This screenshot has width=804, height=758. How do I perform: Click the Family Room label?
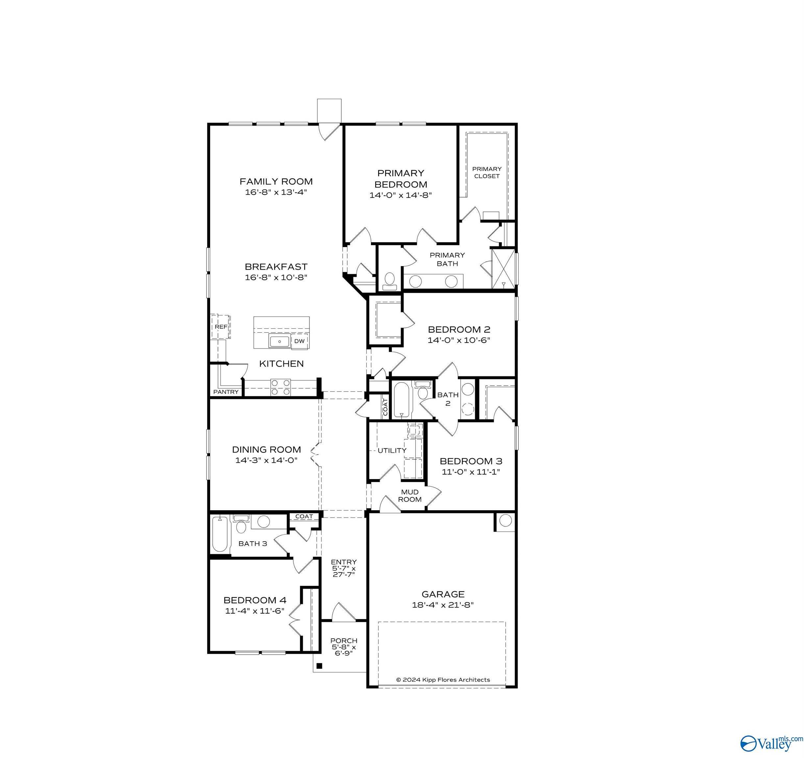click(x=276, y=181)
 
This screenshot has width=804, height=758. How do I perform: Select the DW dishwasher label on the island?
click(x=299, y=341)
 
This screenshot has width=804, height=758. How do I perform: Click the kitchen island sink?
click(x=280, y=341)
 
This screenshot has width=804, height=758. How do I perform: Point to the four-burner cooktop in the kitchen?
click(x=280, y=387)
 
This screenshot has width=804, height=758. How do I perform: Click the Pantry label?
click(x=226, y=392)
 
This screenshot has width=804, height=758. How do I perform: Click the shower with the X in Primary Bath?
click(x=503, y=269)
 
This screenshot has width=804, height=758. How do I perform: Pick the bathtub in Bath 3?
click(x=220, y=535)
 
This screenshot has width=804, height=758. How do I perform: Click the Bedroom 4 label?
click(x=255, y=600)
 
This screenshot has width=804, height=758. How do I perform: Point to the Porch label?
click(x=344, y=641)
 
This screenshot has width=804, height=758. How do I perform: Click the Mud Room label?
click(x=410, y=496)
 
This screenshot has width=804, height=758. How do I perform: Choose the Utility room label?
click(x=392, y=450)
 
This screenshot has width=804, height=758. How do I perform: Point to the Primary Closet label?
click(x=487, y=172)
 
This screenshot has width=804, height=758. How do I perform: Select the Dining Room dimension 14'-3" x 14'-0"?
click(x=266, y=460)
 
